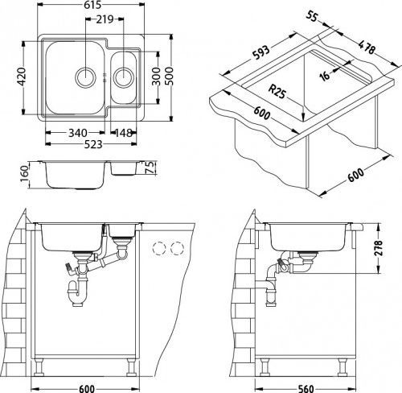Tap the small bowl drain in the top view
123,78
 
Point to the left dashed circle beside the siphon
160,246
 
